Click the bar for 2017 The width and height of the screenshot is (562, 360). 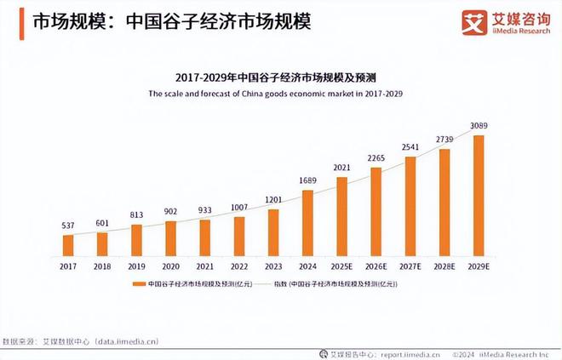[68, 245]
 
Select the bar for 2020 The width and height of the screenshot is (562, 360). [170, 238]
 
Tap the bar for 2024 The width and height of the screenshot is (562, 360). [307, 222]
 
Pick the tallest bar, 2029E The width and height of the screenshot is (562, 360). [478, 195]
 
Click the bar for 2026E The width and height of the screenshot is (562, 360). [376, 211]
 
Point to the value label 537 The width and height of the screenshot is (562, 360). [68, 226]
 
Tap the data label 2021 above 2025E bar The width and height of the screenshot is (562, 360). [341, 168]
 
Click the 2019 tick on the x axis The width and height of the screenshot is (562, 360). [136, 266]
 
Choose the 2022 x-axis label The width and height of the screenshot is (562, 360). [238, 266]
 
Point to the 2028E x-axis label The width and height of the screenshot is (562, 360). [444, 266]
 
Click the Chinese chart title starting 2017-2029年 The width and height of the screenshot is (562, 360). [281, 76]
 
